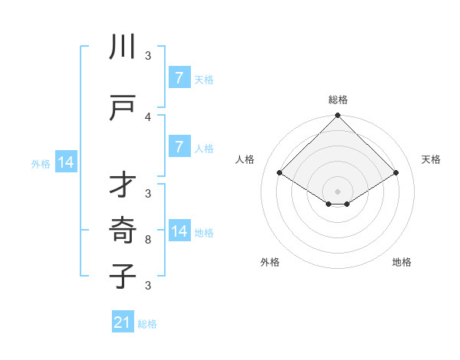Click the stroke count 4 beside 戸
click(148, 116)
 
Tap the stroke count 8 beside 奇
click(148, 240)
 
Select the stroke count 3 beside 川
click(148, 55)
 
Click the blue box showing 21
click(123, 323)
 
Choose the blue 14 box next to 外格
click(65, 162)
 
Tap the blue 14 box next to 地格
click(179, 231)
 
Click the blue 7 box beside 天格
click(179, 78)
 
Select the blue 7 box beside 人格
click(179, 147)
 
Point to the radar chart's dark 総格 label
click(338, 100)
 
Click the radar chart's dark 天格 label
click(431, 159)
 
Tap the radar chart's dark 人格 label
click(245, 159)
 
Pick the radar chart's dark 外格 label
click(270, 262)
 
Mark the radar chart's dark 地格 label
click(402, 262)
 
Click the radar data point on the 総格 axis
click(338, 116)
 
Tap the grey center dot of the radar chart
click(338, 191)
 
